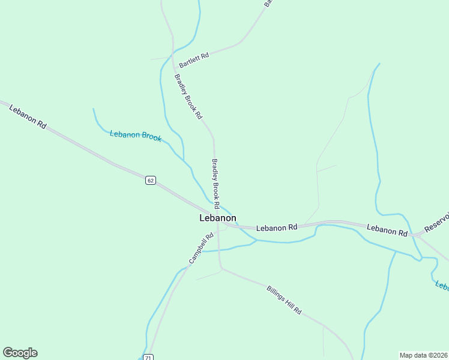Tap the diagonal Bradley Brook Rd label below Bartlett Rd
coord(188,96)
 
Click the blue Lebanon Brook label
coord(136,136)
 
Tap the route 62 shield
coord(151,180)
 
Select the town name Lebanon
coord(217,218)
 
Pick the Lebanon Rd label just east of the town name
coord(277,228)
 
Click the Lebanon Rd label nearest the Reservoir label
coord(387,230)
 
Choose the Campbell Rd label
coord(201,248)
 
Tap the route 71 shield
coord(148,358)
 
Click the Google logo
coord(20,353)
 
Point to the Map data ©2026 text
coord(423,355)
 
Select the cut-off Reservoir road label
coord(436,221)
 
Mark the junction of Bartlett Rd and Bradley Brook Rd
coord(174,58)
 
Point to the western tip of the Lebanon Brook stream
coord(93,109)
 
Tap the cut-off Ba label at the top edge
coord(268,3)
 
